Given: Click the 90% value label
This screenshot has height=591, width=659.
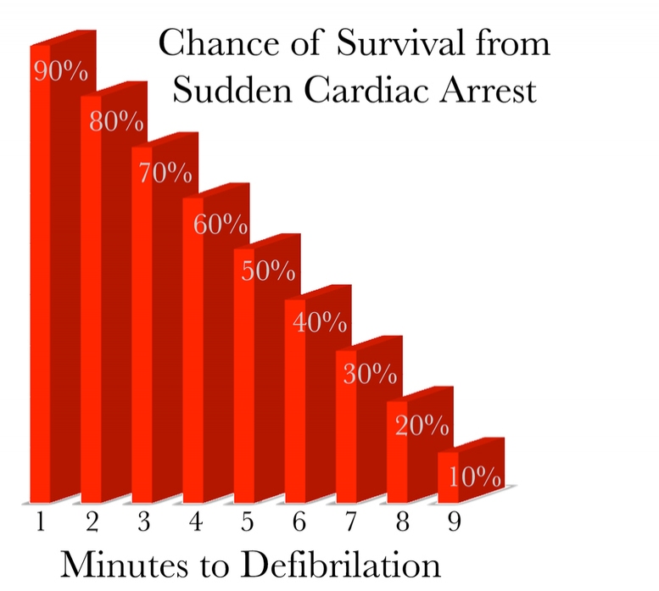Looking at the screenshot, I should [60, 70].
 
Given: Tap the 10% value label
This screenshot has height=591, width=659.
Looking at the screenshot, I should [474, 477].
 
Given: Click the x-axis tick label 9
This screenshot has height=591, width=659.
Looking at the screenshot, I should [455, 521].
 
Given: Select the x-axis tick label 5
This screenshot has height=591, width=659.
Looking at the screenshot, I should [248, 521].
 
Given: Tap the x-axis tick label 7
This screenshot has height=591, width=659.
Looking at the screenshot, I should [351, 521].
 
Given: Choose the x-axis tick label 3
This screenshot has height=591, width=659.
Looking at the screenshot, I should [143, 521].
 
